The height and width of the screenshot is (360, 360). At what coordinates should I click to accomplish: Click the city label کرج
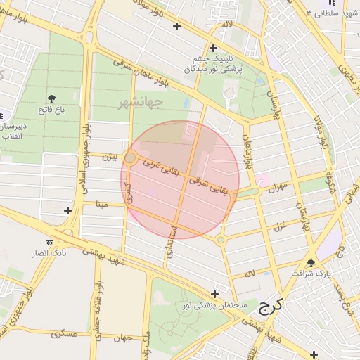point(270,306)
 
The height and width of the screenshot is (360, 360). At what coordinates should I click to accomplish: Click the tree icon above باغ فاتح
point(51,98)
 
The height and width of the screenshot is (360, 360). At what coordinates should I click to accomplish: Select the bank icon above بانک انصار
point(49,243)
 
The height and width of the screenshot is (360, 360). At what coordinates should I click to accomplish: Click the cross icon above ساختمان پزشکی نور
point(214,294)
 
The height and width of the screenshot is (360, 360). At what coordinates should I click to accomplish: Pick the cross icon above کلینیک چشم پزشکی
point(212,48)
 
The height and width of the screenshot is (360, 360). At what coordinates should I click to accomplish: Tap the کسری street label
point(129,191)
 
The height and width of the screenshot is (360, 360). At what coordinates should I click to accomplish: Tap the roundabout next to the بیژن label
point(130,157)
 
